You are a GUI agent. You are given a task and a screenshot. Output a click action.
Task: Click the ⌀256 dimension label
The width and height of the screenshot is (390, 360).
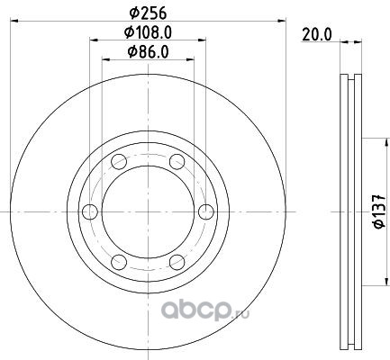pyautogui.click(x=148, y=13)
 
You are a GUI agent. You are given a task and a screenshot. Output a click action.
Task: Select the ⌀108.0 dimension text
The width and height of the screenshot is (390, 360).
pyautogui.click(x=148, y=32)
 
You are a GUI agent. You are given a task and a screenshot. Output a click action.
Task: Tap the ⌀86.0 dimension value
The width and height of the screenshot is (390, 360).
pyautogui.click(x=148, y=52)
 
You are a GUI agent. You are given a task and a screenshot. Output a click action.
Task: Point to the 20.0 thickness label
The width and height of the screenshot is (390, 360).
pyautogui.click(x=317, y=34)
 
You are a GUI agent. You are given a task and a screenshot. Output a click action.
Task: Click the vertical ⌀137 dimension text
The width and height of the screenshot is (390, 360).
pyautogui.click(x=379, y=211)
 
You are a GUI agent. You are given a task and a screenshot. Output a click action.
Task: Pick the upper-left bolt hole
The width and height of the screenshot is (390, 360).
pyautogui.click(x=119, y=162)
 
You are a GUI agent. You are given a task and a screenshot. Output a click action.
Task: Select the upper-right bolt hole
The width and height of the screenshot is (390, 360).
pyautogui.click(x=177, y=162)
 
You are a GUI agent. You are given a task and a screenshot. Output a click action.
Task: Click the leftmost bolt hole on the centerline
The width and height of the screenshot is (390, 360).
pyautogui.click(x=90, y=211)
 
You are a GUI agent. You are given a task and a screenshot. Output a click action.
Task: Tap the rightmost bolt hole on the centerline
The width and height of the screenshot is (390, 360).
pyautogui.click(x=206, y=211)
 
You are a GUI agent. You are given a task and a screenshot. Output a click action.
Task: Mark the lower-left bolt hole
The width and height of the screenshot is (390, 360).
pyautogui.click(x=119, y=262)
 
